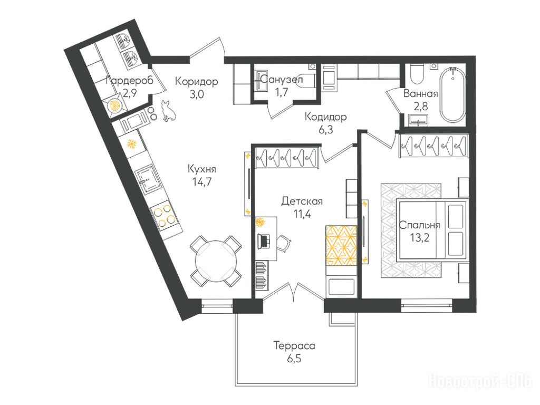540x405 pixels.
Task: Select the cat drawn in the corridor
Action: coord(169,111)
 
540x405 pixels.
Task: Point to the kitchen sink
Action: coord(148,180)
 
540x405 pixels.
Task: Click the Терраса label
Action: coord(294,345)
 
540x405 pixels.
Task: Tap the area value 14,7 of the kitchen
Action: coord(201,182)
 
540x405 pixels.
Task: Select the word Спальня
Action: coord(419,225)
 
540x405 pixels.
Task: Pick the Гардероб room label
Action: coord(129,81)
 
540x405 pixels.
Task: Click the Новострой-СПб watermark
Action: coord(480,381)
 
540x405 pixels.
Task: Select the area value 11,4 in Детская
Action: coord(302,214)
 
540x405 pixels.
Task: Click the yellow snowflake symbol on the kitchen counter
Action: coord(131,143)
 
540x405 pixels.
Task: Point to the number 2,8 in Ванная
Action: coord(420,107)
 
